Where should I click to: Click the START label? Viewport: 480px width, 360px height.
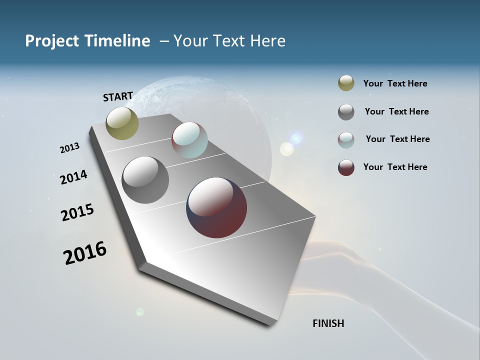pyautogui.click(x=118, y=96)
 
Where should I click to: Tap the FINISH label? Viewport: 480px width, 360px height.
pyautogui.click(x=328, y=323)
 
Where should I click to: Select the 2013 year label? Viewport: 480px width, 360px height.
pyautogui.click(x=69, y=148)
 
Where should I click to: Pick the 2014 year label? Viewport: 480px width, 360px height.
pyautogui.click(x=73, y=177)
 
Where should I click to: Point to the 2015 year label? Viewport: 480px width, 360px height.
pyautogui.click(x=77, y=212)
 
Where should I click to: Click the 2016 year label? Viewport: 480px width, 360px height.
pyautogui.click(x=85, y=253)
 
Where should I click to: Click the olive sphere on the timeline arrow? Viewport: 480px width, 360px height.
pyautogui.click(x=122, y=123)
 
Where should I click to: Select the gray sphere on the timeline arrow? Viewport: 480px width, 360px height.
pyautogui.click(x=145, y=180)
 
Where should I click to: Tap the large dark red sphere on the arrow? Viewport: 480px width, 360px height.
pyautogui.click(x=216, y=207)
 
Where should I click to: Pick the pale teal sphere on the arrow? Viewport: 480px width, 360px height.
pyautogui.click(x=189, y=140)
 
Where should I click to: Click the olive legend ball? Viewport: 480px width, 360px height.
pyautogui.click(x=346, y=83)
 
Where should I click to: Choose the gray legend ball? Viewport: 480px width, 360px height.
pyautogui.click(x=346, y=112)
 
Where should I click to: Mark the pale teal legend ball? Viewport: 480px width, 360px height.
pyautogui.click(x=346, y=140)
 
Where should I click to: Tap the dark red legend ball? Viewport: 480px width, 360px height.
pyautogui.click(x=346, y=167)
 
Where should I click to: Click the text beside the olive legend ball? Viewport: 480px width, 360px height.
pyautogui.click(x=395, y=83)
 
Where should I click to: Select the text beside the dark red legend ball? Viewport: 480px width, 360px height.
pyautogui.click(x=395, y=167)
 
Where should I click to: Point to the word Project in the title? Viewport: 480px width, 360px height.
pyautogui.click(x=51, y=41)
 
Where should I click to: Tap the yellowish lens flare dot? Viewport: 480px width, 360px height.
pyautogui.click(x=286, y=148)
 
